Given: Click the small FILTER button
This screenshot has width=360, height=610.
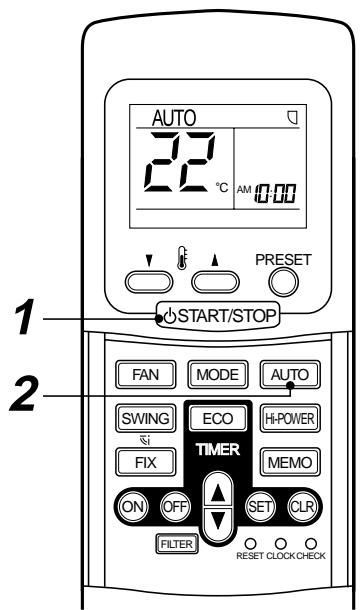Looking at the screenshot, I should click(x=175, y=544).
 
